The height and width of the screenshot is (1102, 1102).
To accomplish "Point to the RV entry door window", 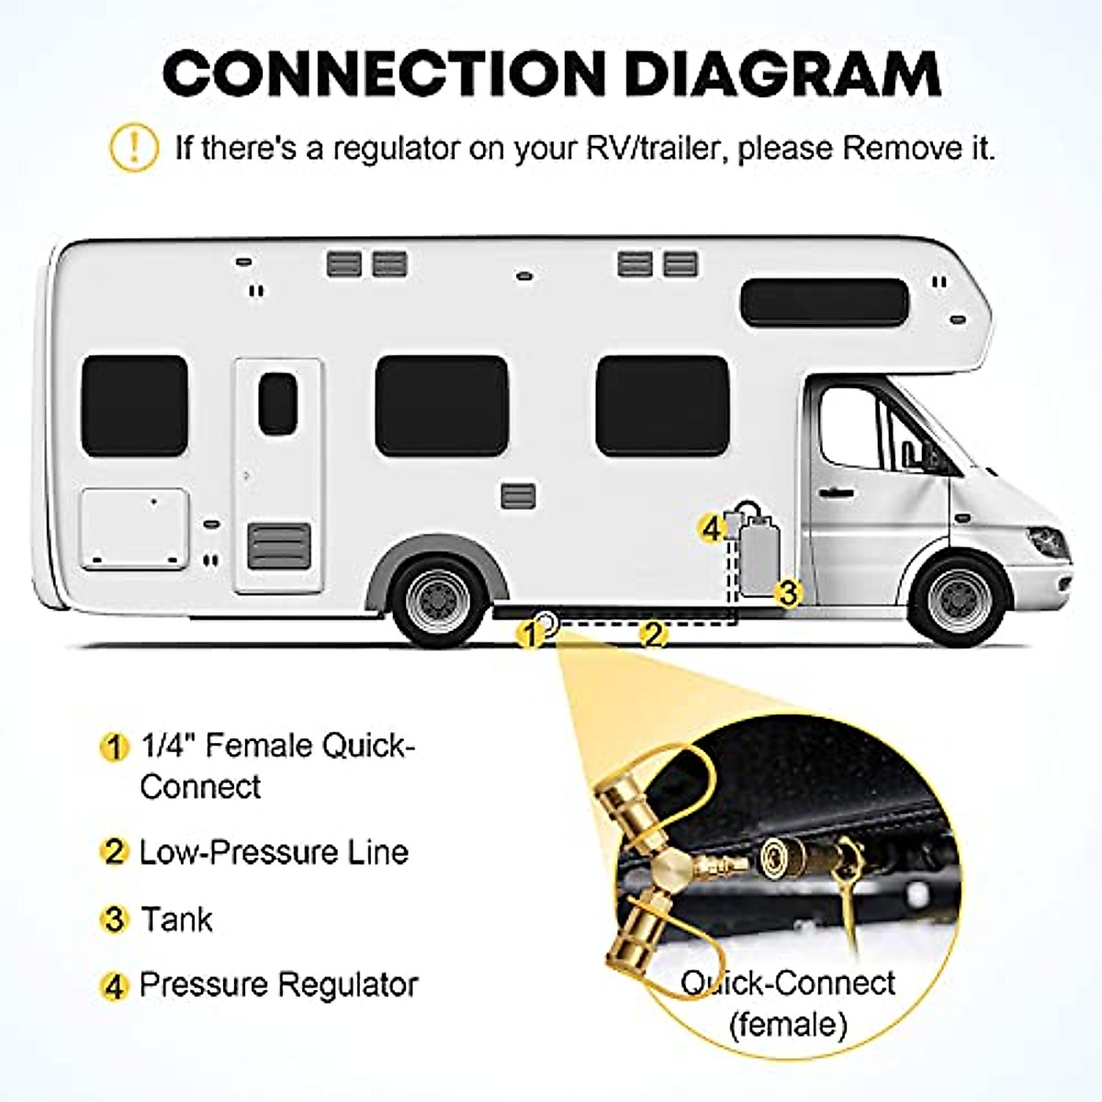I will pos(277,404).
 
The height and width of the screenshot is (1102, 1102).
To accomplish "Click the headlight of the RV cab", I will pos(1047,541).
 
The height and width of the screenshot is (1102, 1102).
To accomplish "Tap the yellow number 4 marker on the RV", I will pos(710,528).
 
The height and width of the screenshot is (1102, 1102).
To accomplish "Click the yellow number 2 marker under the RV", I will pos(652,633).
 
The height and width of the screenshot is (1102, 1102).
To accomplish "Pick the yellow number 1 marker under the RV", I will pos(529,633).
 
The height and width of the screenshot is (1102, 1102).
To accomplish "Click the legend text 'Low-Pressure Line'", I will pos(274,852).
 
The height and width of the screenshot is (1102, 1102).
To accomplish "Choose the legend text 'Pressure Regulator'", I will pos(278,985).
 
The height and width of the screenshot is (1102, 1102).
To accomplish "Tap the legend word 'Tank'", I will pos(176,919).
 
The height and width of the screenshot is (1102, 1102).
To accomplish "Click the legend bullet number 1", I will pos(113,747).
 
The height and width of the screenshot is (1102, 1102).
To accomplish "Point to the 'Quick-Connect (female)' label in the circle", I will pos(787,1002).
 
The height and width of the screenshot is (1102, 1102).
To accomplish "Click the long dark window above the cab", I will pos(824,302).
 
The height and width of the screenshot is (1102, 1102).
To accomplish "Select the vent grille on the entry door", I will pos(279,545).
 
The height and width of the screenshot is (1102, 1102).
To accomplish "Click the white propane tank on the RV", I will pos(759,556).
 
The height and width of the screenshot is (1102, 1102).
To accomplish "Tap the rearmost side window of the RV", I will pos(134,405).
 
